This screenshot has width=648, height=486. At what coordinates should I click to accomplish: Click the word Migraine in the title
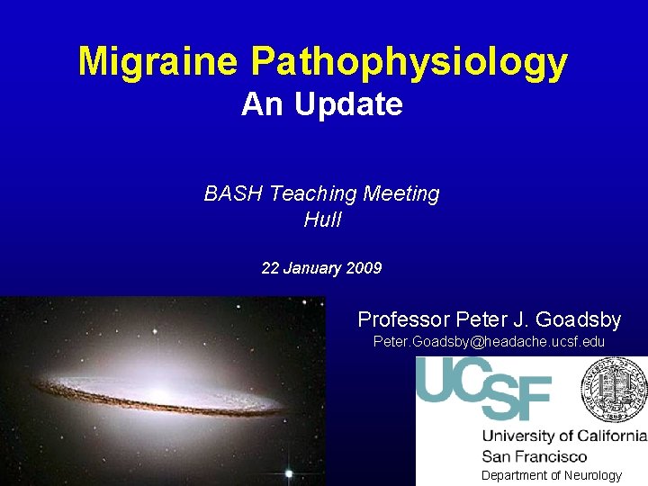159,61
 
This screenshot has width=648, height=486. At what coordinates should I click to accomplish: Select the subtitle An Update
321,105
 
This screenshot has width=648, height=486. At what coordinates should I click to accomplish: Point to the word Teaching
313,193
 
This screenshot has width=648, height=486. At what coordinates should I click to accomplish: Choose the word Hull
322,220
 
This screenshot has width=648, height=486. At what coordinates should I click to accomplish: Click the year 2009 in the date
364,268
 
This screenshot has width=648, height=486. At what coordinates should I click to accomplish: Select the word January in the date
311,268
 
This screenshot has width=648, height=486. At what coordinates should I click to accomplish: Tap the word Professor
404,319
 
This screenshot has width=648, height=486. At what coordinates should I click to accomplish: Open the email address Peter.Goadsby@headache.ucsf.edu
489,343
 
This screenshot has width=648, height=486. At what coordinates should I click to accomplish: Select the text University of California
564,436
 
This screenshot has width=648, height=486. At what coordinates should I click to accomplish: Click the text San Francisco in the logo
535,456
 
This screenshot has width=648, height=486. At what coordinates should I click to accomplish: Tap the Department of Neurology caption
551,475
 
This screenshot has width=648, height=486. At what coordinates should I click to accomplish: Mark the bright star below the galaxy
288,473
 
